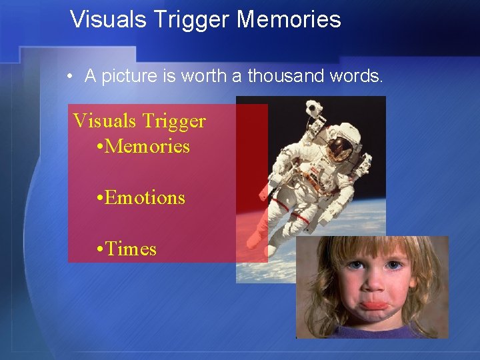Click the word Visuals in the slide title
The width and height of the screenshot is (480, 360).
tap(108, 19)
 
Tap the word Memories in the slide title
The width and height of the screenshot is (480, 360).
tap(289, 19)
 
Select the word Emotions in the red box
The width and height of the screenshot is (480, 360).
tap(145, 198)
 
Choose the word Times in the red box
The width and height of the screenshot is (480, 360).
tap(131, 249)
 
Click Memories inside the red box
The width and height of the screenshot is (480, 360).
tap(147, 147)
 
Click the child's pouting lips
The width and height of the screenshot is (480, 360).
tap(377, 306)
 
